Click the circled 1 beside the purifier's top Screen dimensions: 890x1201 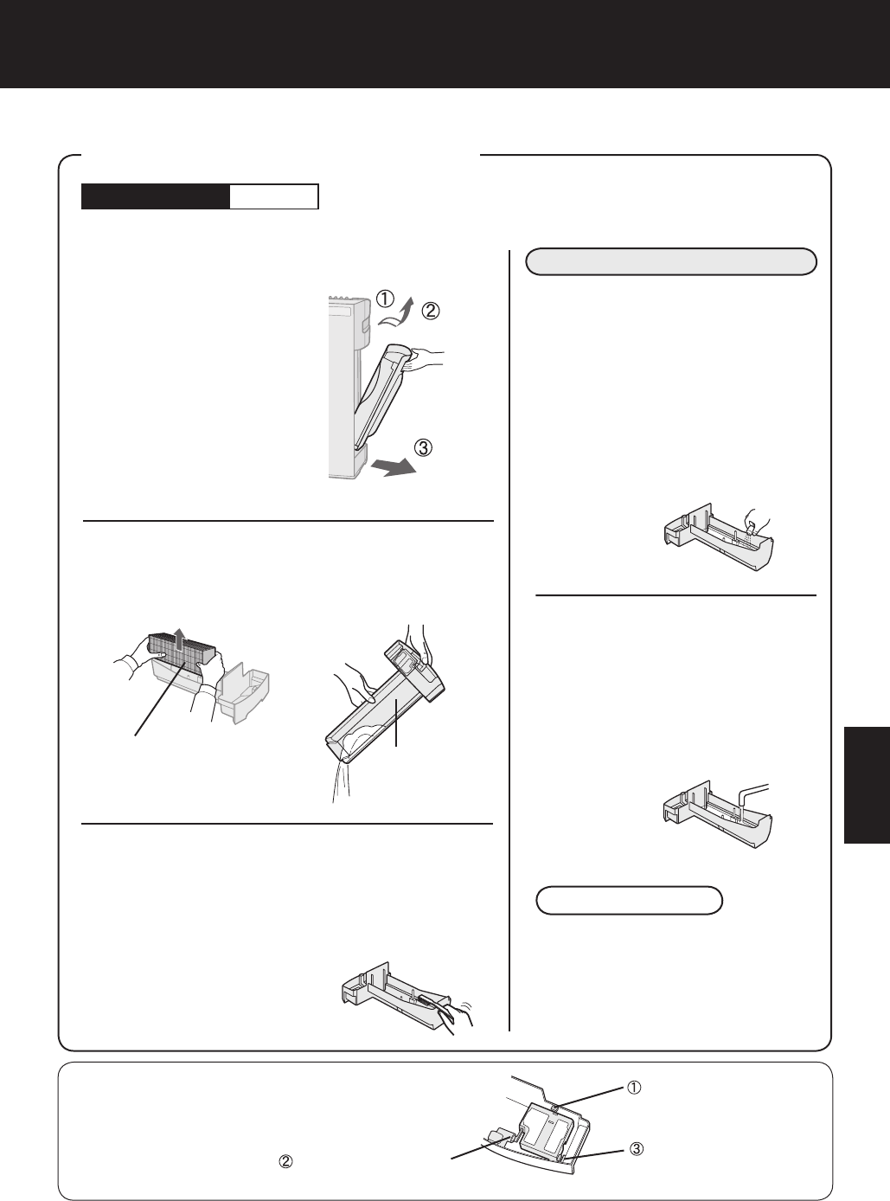point(385,299)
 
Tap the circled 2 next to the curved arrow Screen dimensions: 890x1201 point(431,311)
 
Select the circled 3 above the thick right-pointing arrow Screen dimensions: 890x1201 point(423,447)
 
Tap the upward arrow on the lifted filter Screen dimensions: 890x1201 point(180,638)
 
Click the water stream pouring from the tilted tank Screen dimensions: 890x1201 point(341,780)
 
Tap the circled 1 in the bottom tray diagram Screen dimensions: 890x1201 point(634,1087)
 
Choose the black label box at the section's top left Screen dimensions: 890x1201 point(156,196)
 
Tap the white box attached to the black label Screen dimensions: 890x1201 point(274,196)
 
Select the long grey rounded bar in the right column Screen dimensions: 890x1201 point(671,262)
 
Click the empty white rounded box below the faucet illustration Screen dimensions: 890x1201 point(629,901)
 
